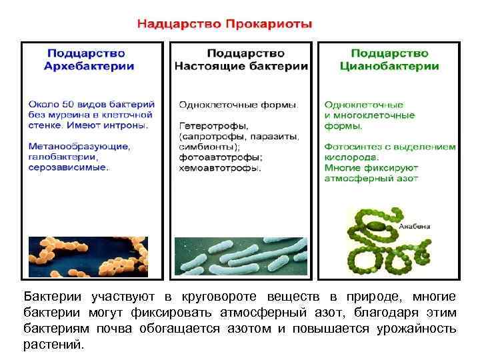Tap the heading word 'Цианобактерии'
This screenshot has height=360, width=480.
389,66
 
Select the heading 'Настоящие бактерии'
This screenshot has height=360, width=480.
241,66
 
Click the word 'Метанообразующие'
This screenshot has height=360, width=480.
79,146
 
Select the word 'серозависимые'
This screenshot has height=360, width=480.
68,167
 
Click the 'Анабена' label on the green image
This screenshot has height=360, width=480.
414,227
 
